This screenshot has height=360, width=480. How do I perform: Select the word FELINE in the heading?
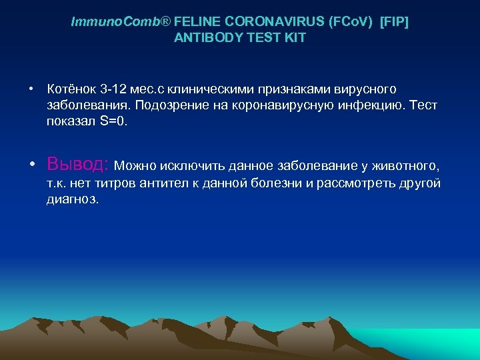[x=194, y=22]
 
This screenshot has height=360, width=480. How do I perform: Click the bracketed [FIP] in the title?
[x=394, y=22]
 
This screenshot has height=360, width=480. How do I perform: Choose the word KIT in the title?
[x=293, y=38]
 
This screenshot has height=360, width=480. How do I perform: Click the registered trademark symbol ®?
[x=166, y=22]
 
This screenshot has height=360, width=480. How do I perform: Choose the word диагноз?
[x=72, y=199]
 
